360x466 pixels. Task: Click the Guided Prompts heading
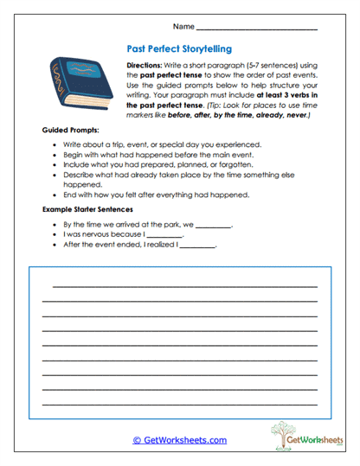pos(71,129)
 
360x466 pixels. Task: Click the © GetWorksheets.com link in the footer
pos(180,440)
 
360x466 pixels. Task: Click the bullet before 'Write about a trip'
pos(56,144)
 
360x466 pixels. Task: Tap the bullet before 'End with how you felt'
pos(56,195)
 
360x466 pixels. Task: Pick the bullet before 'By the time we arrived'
pos(56,223)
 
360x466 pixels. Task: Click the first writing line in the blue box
pos(184,285)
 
